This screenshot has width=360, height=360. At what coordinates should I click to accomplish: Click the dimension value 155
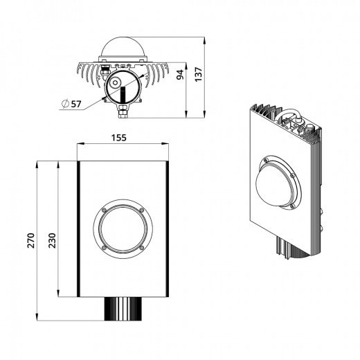pos(118,138)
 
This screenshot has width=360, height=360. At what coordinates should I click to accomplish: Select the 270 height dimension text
pos(30,240)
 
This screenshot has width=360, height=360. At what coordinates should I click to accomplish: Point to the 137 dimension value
pos(199,73)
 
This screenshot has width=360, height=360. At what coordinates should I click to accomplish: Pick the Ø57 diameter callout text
pos(71,104)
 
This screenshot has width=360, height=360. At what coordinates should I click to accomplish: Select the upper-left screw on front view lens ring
pos(103,210)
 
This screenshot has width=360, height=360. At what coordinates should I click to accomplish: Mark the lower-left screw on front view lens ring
pos(103,247)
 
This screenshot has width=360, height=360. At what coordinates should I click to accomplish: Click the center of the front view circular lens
pos(122,228)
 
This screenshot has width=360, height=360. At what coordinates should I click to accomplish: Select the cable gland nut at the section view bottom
pos(122,109)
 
